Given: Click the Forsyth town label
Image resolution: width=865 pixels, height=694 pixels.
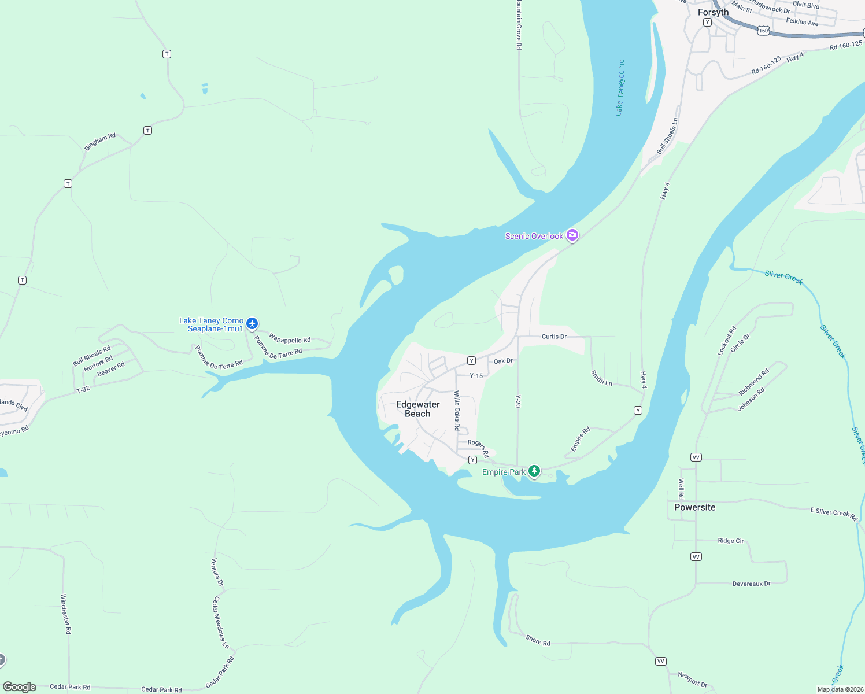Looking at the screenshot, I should (x=713, y=12).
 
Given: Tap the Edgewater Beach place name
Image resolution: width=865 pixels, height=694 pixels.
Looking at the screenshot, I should (x=417, y=409).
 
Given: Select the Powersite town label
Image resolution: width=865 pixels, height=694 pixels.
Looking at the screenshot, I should (x=694, y=507).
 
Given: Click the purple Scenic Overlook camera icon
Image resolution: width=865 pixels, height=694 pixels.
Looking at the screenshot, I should (x=572, y=235).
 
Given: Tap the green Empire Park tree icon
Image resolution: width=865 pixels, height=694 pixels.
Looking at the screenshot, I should (x=534, y=471).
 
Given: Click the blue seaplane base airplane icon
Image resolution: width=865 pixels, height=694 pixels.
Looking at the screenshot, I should (x=252, y=323).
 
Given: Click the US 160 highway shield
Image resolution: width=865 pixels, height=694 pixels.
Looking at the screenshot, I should (x=764, y=31).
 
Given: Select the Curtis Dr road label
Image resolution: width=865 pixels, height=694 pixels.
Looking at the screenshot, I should (x=554, y=336).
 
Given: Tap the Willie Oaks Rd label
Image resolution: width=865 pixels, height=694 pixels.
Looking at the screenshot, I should (x=457, y=410).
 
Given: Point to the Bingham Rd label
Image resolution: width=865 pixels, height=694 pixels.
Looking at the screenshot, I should (x=100, y=142).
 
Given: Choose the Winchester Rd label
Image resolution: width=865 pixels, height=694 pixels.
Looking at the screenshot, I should (x=66, y=614).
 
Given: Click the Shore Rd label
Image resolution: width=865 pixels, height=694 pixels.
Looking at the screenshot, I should (x=538, y=640).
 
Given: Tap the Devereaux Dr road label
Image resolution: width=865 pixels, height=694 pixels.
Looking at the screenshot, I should (x=751, y=584).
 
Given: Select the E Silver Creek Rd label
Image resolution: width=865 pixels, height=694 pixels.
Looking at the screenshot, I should (x=833, y=513).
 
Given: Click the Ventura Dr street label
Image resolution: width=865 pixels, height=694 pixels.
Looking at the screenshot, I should (x=217, y=572).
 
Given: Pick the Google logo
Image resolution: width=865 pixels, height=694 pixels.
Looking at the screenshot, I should (x=19, y=687).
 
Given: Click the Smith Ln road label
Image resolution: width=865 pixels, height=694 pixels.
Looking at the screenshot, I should (x=601, y=378).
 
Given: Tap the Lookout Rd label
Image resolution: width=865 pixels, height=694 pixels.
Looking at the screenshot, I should (x=727, y=341).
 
